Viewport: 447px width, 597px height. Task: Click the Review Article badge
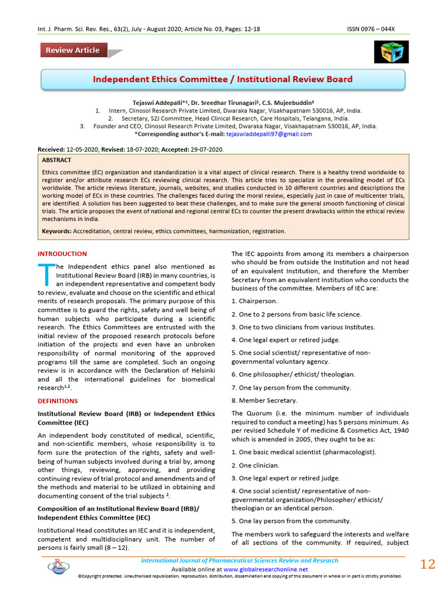73,50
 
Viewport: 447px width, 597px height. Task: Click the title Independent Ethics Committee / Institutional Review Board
223,79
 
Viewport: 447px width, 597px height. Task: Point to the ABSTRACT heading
56,160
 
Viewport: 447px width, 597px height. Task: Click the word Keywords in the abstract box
56,231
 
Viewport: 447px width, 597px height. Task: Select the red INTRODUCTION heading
62,254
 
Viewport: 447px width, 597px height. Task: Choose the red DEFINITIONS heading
58,401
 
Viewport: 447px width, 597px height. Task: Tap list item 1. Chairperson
254,301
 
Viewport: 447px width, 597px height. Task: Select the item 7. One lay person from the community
291,388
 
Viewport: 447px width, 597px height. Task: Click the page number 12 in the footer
427,564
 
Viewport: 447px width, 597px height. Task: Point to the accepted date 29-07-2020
204,150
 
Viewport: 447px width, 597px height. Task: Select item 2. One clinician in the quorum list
255,465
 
